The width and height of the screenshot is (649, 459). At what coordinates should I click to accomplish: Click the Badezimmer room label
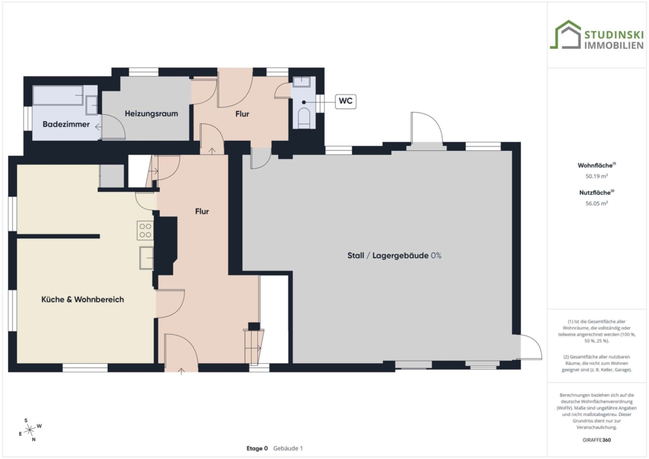[x=66, y=124]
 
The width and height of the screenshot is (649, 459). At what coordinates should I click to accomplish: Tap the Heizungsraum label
[x=151, y=113]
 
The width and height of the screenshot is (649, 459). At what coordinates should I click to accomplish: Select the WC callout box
[x=345, y=101]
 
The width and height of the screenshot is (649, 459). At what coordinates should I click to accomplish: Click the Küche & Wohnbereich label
[x=82, y=299]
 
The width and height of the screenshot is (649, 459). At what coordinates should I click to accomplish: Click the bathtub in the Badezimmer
[x=58, y=95]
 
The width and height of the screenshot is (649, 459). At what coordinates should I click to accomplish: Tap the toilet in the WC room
[x=304, y=117]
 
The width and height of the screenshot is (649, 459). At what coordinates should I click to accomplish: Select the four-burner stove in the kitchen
[x=145, y=231]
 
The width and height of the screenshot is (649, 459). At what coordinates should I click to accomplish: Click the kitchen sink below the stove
[x=146, y=258]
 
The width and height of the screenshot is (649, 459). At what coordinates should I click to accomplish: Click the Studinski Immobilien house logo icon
[x=565, y=35]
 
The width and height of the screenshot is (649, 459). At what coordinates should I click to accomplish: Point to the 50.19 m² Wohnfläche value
[x=596, y=176]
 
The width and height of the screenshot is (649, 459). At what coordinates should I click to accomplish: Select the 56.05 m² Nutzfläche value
[x=596, y=204]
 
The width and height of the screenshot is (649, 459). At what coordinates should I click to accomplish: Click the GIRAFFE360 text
[x=596, y=440]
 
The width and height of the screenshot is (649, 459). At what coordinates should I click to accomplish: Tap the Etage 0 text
[x=257, y=448]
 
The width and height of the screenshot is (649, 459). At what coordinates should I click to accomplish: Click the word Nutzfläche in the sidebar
[x=594, y=193]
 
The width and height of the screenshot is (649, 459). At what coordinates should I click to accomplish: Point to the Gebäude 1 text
[x=288, y=448]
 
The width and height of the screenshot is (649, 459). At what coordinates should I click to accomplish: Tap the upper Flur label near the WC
[x=242, y=114]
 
